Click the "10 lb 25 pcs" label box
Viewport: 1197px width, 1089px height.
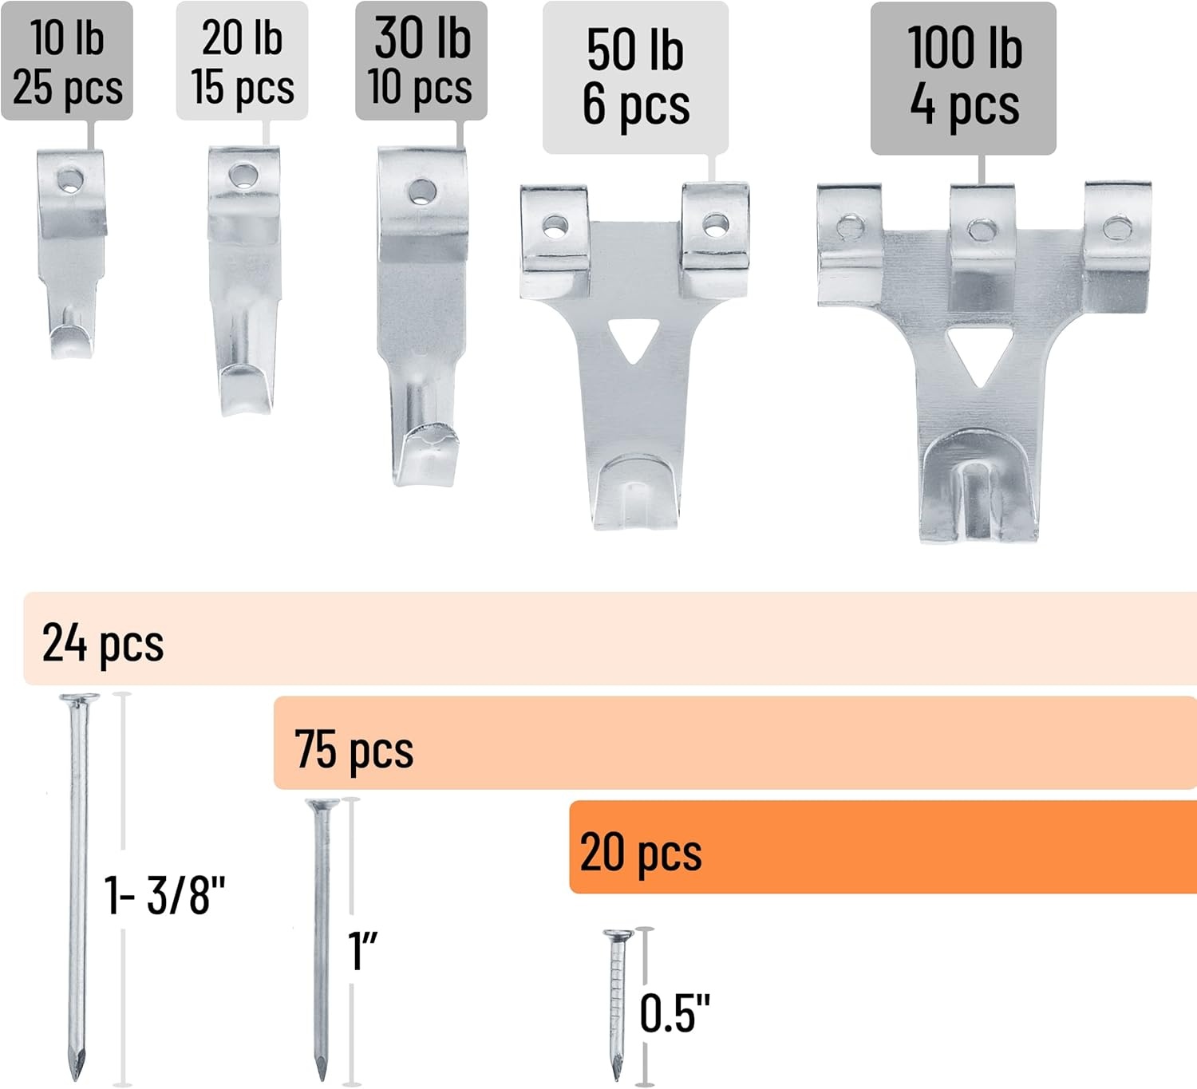(x=67, y=61)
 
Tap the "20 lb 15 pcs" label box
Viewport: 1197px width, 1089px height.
(x=243, y=61)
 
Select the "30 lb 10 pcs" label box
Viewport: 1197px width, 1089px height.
(x=421, y=61)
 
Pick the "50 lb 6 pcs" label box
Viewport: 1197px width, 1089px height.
(x=635, y=77)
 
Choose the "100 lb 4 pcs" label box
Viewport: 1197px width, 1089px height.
(x=963, y=78)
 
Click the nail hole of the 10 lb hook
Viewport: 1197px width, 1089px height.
(x=69, y=180)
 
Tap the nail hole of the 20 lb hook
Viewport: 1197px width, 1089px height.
(x=243, y=176)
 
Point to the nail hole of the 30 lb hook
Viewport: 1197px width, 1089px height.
(x=422, y=191)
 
